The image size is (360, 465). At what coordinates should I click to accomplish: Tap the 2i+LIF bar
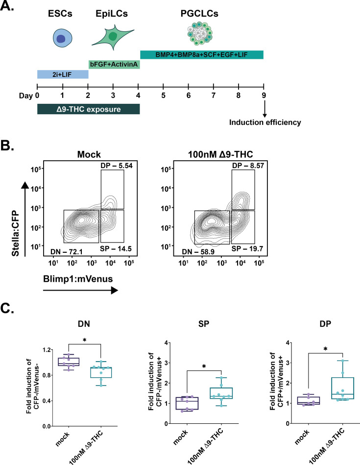click(x=63, y=74)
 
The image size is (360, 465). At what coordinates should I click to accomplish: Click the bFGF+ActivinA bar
click(x=114, y=64)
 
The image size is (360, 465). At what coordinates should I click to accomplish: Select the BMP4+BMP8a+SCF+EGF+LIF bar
click(x=202, y=54)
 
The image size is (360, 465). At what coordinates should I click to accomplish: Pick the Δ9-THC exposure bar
click(x=89, y=108)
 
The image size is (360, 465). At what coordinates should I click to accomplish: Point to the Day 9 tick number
click(x=264, y=96)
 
